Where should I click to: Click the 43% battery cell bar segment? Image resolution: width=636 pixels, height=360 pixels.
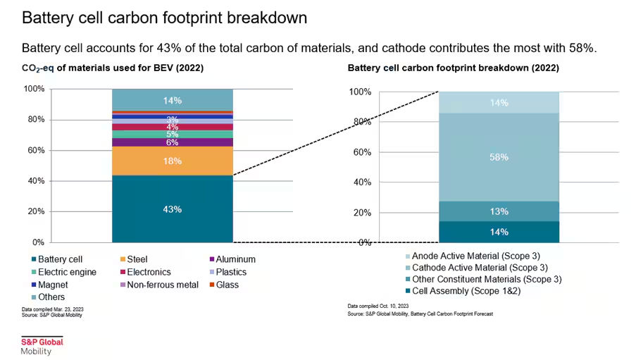(x=173, y=209)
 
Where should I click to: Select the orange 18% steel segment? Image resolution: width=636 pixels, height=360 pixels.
(x=173, y=161)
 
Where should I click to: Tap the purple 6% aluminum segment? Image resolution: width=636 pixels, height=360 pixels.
(x=173, y=142)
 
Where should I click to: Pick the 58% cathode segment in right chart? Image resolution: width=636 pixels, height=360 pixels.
(x=499, y=157)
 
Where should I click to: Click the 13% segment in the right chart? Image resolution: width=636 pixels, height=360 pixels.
(x=499, y=211)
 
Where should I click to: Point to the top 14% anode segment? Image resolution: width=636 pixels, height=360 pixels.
(x=499, y=103)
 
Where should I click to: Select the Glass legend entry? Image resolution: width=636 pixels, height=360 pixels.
(x=227, y=285)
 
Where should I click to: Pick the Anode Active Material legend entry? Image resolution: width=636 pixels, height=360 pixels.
(x=485, y=256)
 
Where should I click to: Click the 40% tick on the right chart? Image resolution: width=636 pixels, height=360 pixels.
(x=361, y=182)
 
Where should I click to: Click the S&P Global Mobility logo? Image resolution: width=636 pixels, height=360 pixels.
(x=42, y=346)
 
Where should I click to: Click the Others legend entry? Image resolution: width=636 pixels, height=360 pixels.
(x=51, y=297)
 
